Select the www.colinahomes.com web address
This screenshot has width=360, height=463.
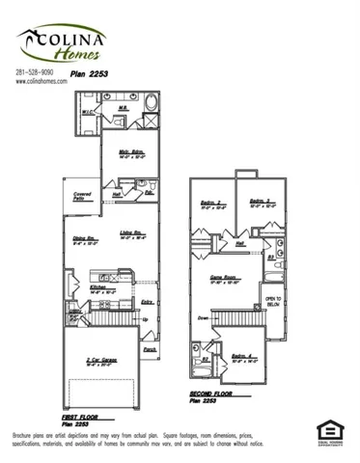tap(42, 82)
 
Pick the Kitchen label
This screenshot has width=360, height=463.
tap(98, 286)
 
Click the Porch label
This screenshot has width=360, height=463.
tap(150, 349)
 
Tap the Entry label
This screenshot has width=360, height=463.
tap(147, 303)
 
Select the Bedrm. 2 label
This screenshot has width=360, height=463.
tap(212, 203)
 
